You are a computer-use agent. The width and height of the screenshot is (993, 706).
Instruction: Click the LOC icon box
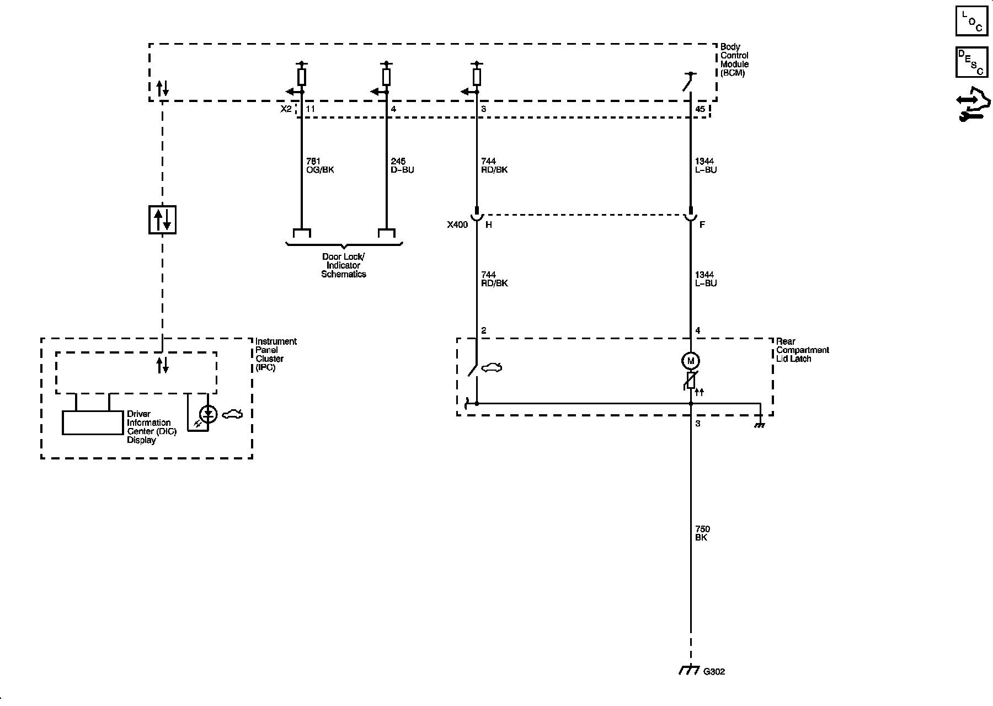[971, 21]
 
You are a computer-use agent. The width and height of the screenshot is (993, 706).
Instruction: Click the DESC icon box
[971, 62]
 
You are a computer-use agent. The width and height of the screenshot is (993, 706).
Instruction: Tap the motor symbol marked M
[690, 361]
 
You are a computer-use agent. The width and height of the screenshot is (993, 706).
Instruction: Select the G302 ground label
[714, 672]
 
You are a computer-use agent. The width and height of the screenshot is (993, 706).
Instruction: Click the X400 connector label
[457, 225]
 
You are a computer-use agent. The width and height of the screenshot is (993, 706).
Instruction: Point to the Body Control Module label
[734, 60]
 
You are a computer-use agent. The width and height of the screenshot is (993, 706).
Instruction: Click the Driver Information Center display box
[92, 423]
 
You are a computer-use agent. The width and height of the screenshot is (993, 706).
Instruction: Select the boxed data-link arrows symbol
[162, 220]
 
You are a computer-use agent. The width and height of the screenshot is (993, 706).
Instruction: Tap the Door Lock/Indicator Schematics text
[344, 265]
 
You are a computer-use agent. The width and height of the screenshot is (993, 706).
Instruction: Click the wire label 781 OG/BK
[320, 165]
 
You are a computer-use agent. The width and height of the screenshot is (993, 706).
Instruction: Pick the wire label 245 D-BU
[402, 165]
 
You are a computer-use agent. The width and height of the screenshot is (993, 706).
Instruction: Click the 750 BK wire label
[702, 533]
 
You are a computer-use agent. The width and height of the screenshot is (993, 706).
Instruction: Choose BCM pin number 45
[700, 109]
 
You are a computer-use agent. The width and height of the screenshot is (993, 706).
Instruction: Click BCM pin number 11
[310, 109]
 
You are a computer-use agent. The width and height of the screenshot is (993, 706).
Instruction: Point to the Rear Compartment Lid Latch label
[802, 350]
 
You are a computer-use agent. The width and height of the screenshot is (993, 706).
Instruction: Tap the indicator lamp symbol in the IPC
[208, 414]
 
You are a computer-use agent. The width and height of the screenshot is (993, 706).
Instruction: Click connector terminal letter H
[488, 225]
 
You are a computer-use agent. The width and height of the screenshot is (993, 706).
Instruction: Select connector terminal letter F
[702, 225]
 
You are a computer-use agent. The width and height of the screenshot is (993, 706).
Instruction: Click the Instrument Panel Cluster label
[275, 354]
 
